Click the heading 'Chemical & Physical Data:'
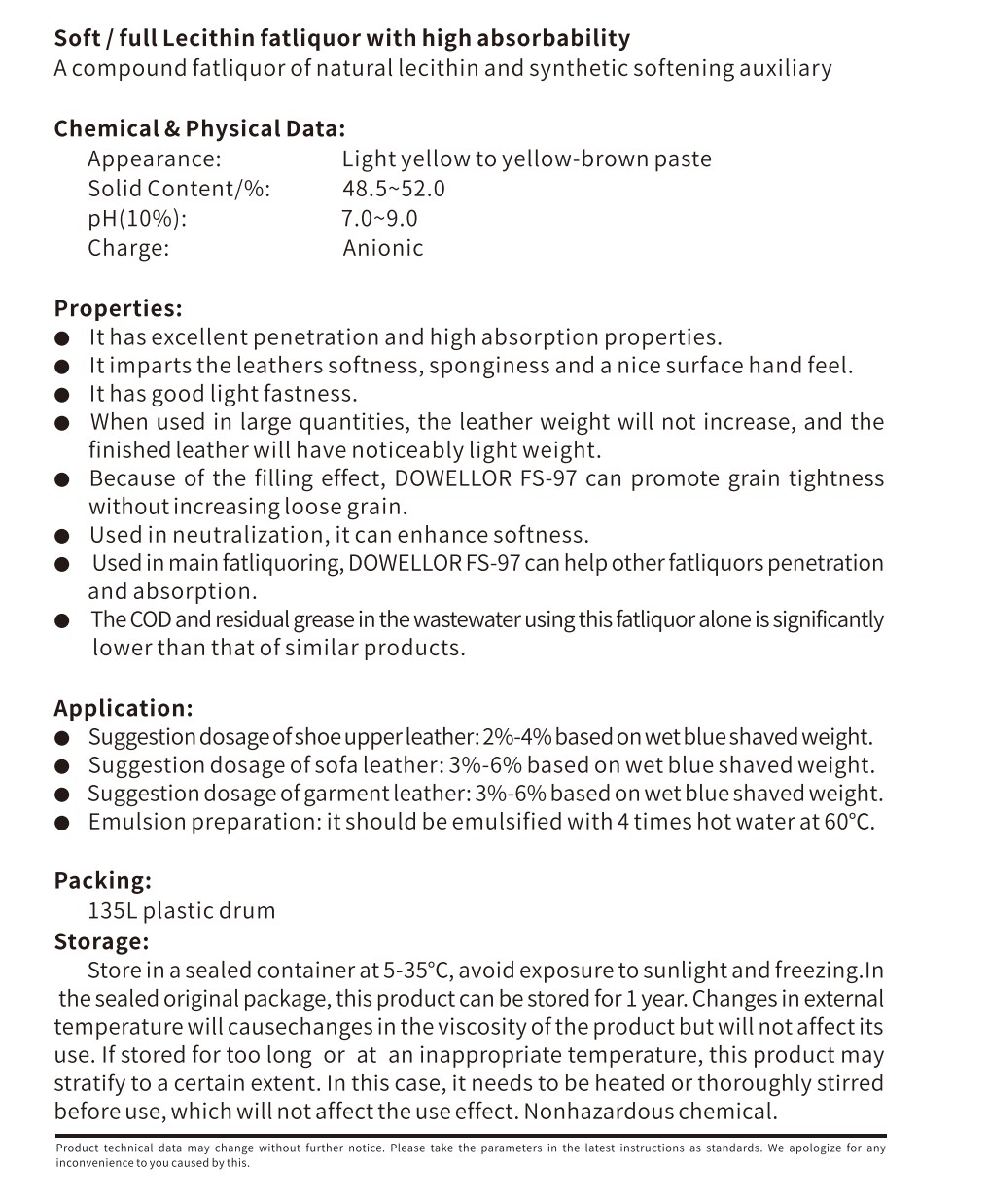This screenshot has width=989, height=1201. pyautogui.click(x=199, y=129)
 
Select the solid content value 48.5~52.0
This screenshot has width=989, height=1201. pyautogui.click(x=393, y=189)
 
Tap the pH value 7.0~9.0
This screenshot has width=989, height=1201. pyautogui.click(x=379, y=218)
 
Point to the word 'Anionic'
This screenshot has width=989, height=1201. pyautogui.click(x=383, y=248)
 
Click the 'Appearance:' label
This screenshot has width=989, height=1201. pyautogui.click(x=155, y=159)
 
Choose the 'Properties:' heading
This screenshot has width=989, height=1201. pyautogui.click(x=118, y=308)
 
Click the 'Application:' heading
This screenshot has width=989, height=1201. pyautogui.click(x=124, y=708)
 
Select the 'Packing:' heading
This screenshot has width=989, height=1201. pyautogui.click(x=102, y=880)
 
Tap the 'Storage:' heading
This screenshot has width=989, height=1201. pyautogui.click(x=101, y=941)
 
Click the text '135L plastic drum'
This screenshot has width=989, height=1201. pyautogui.click(x=182, y=911)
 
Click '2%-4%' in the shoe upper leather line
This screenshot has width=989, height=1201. pyautogui.click(x=516, y=737)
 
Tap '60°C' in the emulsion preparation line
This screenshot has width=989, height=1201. pyautogui.click(x=849, y=822)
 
